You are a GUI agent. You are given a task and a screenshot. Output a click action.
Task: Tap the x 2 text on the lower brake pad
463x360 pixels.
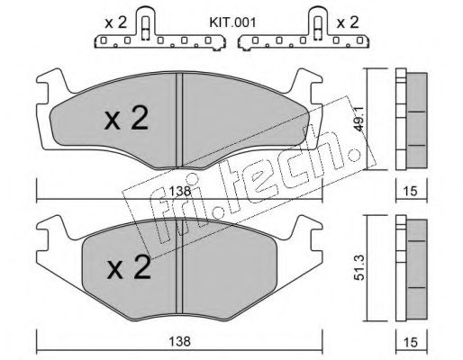point(127,266)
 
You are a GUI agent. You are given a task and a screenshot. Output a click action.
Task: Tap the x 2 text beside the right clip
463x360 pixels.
point(347,19)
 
